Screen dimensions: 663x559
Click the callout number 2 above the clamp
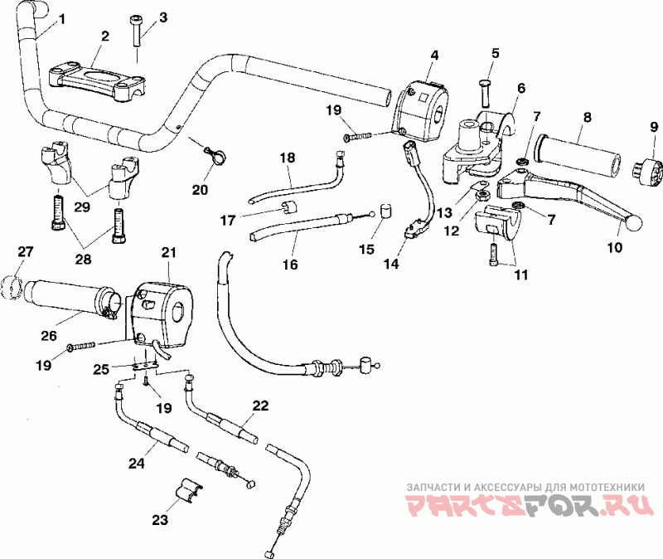[105, 36]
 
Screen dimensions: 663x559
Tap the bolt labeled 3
[137, 30]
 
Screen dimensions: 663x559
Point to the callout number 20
[200, 190]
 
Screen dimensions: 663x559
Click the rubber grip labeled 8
[577, 157]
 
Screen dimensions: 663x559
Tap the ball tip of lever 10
[633, 223]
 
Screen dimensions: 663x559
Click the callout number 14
[391, 264]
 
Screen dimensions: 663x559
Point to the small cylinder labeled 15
[385, 211]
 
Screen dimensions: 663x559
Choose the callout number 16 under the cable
[290, 265]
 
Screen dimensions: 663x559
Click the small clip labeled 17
[288, 207]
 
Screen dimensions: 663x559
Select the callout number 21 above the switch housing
[169, 253]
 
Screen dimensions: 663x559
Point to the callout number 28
[83, 259]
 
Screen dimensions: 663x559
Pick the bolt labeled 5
[486, 93]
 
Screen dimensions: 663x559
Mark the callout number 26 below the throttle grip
[49, 336]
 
